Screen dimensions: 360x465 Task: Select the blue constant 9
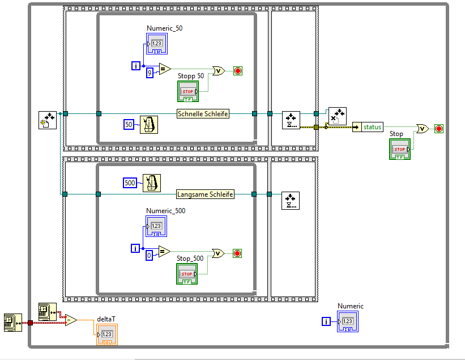click(150, 73)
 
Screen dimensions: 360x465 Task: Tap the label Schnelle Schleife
click(203, 114)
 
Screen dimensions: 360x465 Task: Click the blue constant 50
click(129, 124)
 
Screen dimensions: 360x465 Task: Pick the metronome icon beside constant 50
click(148, 124)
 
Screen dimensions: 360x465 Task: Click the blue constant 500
click(130, 183)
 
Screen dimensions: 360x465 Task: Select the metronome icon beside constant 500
click(151, 183)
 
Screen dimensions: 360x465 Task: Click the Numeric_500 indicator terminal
click(156, 226)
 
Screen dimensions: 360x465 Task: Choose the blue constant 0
click(149, 256)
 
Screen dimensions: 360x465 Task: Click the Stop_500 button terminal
click(187, 274)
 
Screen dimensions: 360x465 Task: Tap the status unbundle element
click(368, 127)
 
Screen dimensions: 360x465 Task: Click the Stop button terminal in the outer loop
click(399, 149)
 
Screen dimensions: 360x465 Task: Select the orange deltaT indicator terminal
click(107, 334)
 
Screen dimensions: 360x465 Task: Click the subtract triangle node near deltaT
click(71, 320)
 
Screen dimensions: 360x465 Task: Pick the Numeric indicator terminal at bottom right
click(348, 321)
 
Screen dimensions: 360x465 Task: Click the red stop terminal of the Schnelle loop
click(237, 71)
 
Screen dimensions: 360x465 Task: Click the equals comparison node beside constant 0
click(164, 251)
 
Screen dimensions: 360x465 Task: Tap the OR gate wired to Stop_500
click(218, 253)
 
